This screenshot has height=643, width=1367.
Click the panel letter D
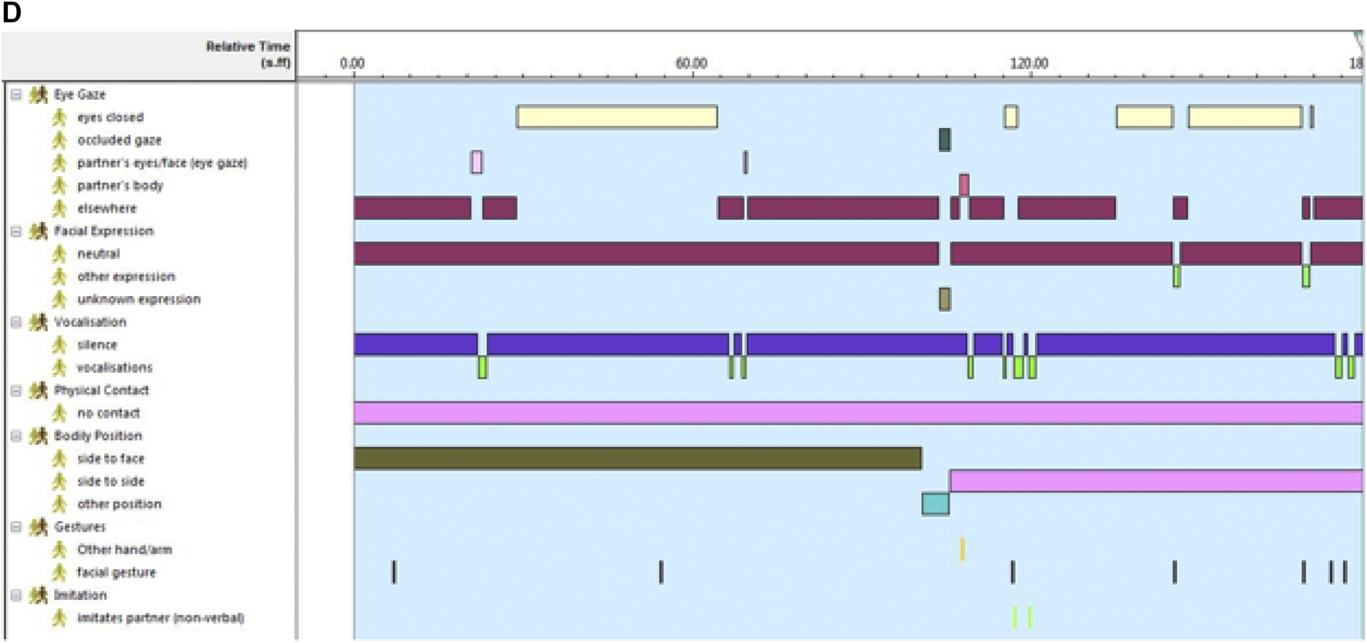12,12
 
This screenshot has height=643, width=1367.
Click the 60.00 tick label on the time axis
691,63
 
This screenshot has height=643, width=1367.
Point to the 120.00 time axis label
1029,63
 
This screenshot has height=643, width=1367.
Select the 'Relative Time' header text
248,46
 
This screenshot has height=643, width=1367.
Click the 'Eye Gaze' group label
79,95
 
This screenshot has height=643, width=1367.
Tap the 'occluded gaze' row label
119,140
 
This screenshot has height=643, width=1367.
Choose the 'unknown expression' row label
138,299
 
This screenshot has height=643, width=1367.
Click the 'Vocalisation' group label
89,322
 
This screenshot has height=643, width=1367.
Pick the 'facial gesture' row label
116,572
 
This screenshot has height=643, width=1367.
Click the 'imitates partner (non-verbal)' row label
160,618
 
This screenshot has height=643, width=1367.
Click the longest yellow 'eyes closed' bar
616,117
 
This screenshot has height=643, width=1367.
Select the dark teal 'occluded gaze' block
944,140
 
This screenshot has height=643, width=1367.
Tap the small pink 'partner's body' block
964,185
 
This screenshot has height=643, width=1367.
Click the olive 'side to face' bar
637,459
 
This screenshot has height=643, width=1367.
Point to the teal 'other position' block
935,504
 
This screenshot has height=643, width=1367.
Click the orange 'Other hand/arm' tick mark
962,549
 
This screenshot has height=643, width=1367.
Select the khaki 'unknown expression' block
944,299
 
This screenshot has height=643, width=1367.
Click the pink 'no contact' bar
858,413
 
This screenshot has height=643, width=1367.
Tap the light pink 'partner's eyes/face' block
477,163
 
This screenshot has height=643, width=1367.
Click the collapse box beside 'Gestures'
15,527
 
